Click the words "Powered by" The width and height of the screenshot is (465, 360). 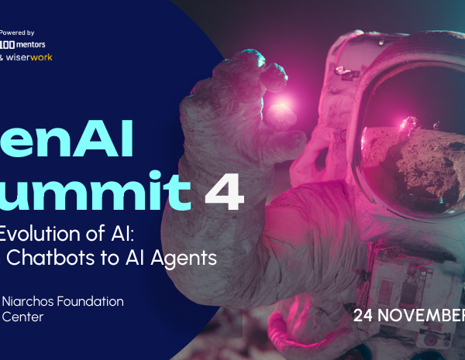coord(18,33)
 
